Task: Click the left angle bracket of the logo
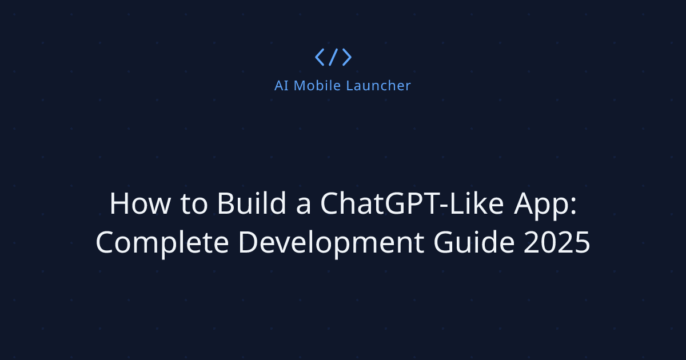pos(320,57)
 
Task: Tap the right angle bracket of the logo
pos(346,57)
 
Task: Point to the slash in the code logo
pos(333,57)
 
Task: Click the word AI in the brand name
pos(281,86)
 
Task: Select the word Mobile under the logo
pos(314,86)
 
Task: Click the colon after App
pos(572,207)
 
